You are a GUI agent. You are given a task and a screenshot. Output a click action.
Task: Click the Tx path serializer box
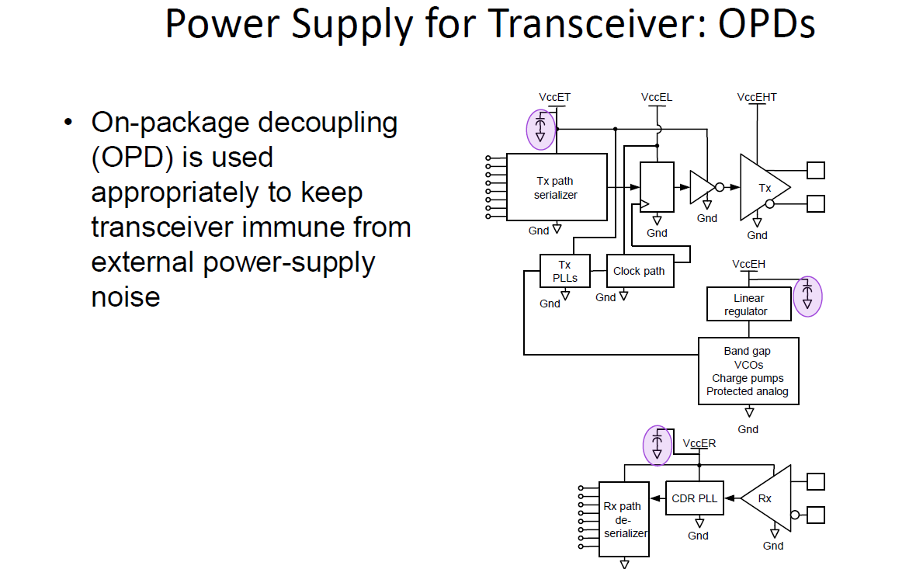coord(557,187)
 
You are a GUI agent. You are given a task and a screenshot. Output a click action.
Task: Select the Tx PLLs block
coord(565,271)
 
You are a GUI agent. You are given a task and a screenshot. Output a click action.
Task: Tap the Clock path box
coord(640,271)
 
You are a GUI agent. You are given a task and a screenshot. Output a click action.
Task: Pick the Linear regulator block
coord(749,304)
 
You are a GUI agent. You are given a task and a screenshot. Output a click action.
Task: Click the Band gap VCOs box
coord(748,371)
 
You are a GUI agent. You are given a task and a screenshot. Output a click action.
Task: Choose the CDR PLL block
coord(695,498)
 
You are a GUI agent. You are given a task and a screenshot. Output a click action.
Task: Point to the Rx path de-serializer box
coord(624,519)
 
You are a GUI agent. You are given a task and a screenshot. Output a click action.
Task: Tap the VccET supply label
coord(554,97)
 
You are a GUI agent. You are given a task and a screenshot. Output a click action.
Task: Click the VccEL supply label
coord(656,97)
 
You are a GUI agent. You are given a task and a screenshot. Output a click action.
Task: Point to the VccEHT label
coord(757,97)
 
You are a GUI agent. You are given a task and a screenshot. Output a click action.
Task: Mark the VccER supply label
coord(699,443)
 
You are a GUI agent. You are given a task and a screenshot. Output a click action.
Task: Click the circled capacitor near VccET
coord(540,130)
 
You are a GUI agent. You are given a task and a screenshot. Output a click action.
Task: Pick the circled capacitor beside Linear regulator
coord(807,297)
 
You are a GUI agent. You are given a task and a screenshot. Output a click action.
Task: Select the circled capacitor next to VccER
coord(658,446)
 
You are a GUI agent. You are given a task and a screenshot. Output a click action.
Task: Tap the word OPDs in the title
coord(766,24)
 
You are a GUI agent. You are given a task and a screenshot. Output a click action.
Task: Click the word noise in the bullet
coord(126,297)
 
